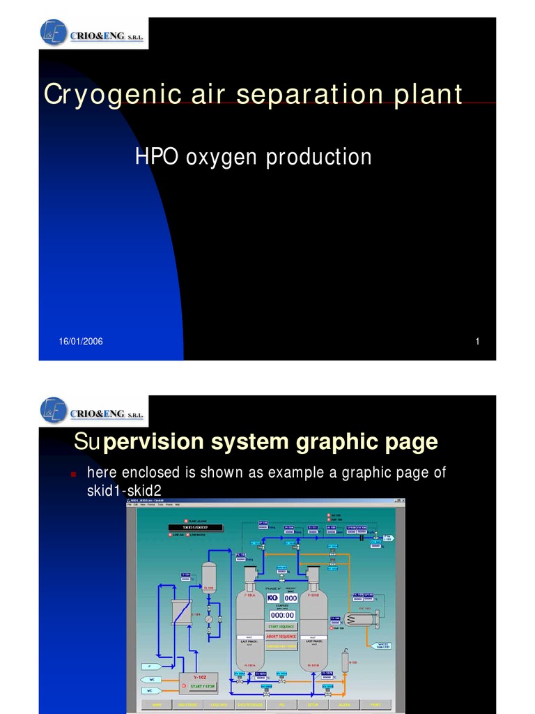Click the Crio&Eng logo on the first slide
point(92,33)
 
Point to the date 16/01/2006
point(80,341)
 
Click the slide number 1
point(478,341)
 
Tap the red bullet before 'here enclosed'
point(73,474)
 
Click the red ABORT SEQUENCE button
point(281,636)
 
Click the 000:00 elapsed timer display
point(281,615)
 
